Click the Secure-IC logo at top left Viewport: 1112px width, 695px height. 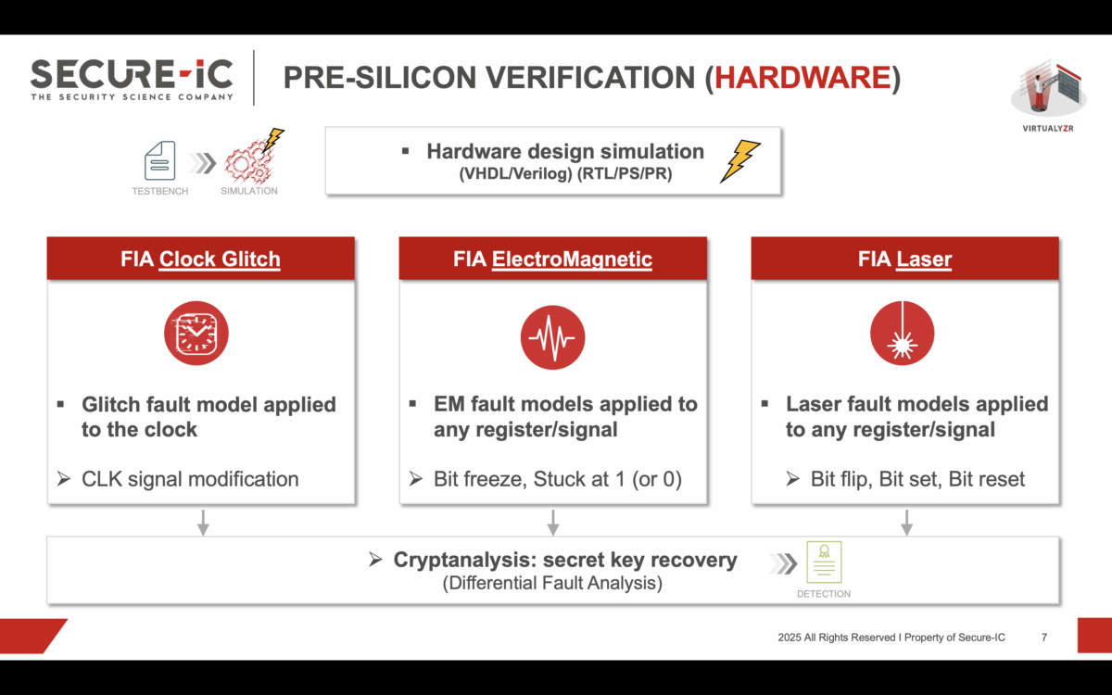(132, 78)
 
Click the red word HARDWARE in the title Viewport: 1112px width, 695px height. (802, 79)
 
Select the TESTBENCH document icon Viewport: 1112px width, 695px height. (159, 160)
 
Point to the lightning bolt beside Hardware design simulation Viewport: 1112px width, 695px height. (740, 160)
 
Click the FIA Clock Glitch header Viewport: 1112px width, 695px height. (200, 259)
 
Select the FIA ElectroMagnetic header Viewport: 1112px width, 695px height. (552, 259)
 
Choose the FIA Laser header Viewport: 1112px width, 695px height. (904, 259)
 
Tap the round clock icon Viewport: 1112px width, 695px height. (196, 334)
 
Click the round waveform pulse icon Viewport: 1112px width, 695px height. (552, 334)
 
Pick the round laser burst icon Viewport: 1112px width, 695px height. (903, 334)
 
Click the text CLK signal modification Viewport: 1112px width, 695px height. (190, 479)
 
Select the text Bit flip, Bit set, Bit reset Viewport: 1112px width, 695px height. (917, 479)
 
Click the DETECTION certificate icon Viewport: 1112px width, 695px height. (823, 562)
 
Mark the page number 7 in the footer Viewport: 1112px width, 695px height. (1044, 638)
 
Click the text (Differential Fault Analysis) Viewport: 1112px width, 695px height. (552, 584)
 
